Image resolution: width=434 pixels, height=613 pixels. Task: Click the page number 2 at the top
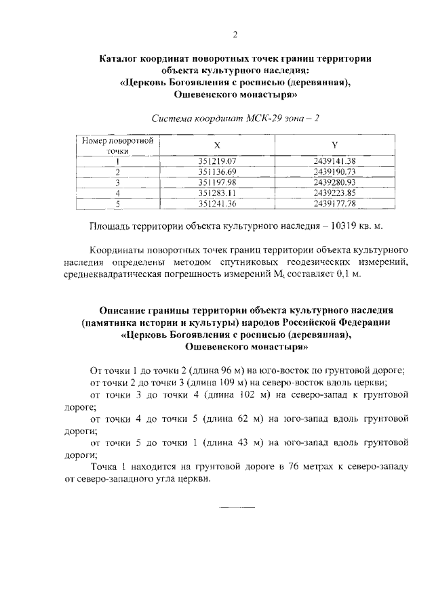[x=235, y=35]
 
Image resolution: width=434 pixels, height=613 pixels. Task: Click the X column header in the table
[x=217, y=145]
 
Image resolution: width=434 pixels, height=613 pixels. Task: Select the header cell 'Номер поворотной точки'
[x=117, y=145]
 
